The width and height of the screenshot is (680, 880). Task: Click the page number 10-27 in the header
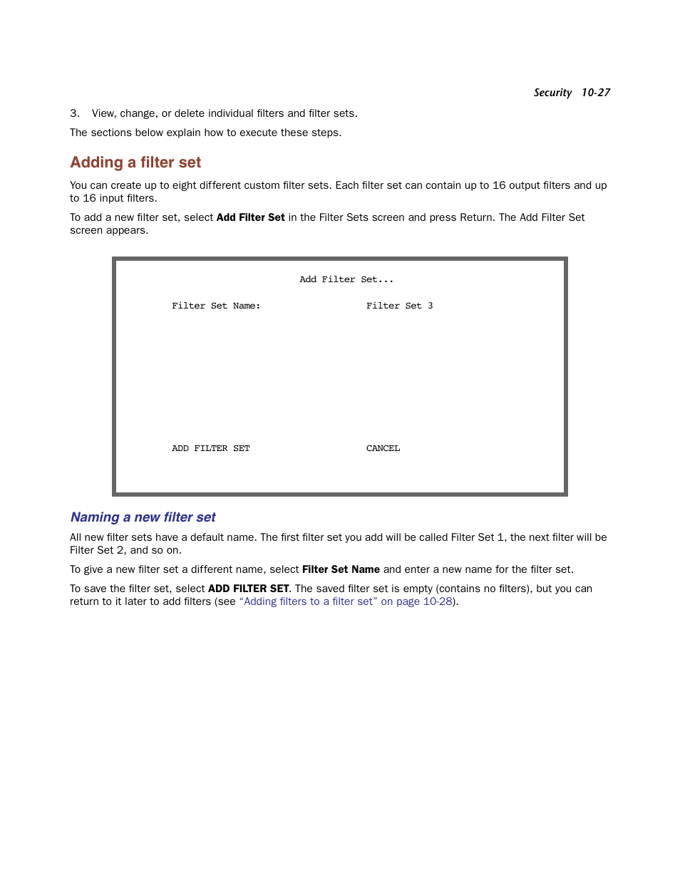tap(595, 93)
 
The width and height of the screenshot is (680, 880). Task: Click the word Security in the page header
tap(552, 93)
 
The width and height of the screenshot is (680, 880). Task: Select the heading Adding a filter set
tap(135, 162)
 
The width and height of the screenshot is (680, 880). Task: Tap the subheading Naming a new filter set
tap(143, 517)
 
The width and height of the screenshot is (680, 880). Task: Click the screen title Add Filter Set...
tap(346, 279)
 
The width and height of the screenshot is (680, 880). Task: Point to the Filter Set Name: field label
tap(216, 306)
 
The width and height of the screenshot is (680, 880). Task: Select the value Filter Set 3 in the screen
tap(399, 306)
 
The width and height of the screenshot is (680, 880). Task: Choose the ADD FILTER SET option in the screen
tap(210, 448)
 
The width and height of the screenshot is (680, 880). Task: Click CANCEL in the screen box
tap(383, 448)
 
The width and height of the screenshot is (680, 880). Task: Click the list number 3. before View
tap(75, 113)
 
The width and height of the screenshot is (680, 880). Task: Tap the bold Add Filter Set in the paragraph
tap(250, 217)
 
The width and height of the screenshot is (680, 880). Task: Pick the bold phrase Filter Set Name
tap(341, 569)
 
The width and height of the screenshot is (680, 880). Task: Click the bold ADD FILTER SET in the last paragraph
tap(248, 589)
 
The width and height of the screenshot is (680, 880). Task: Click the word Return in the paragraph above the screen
tap(475, 217)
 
